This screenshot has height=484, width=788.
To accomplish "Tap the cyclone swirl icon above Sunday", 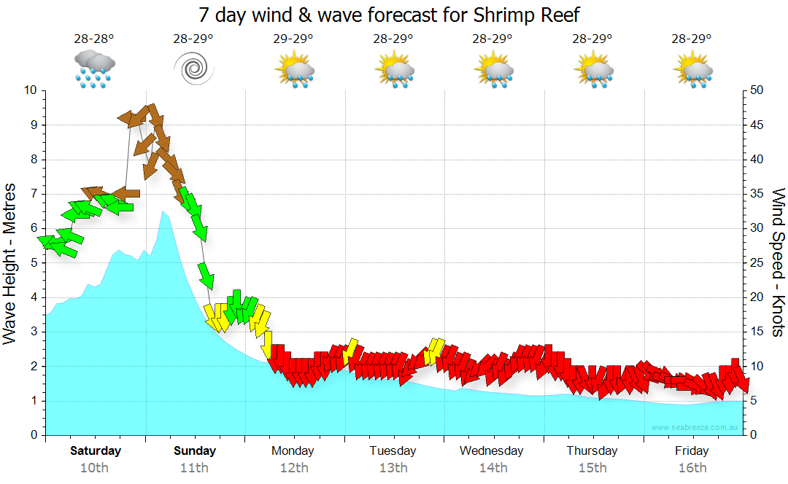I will pos(194,70).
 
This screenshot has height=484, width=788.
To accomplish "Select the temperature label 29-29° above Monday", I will pos(293,39).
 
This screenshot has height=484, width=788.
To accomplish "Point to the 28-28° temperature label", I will pos(94,39).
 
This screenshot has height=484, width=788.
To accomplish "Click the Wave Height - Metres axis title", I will pos(11,263).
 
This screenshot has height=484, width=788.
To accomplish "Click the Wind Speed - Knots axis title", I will pos(778,263).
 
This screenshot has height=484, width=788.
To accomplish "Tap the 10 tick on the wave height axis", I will pos(31,90).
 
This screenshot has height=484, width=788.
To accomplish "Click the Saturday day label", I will pos(95,450).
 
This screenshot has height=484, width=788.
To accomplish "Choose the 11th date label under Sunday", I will pos(194,467).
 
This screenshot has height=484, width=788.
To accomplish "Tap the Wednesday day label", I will pos(491,450).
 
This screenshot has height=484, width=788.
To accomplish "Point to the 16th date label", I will pos(691,467).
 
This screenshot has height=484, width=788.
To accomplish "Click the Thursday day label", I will pos(592,450).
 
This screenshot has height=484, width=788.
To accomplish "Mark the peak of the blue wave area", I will pos(164,212).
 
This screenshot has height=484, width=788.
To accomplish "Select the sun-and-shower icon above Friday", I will pos(692,70).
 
